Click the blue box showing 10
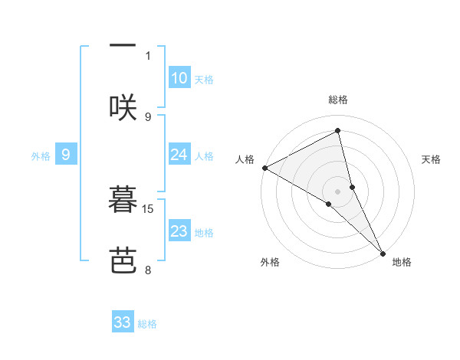(179, 78)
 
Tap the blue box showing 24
(179, 155)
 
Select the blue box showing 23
(179, 231)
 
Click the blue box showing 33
(123, 322)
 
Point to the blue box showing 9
(66, 155)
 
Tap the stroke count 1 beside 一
(148, 55)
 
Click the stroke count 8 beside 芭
(148, 270)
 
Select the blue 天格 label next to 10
(204, 79)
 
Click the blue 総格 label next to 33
(147, 324)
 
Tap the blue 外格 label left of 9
(41, 155)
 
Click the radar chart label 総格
(338, 100)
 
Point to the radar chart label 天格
(432, 159)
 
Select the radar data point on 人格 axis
(264, 168)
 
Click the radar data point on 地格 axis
(383, 252)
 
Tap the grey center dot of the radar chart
(338, 191)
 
